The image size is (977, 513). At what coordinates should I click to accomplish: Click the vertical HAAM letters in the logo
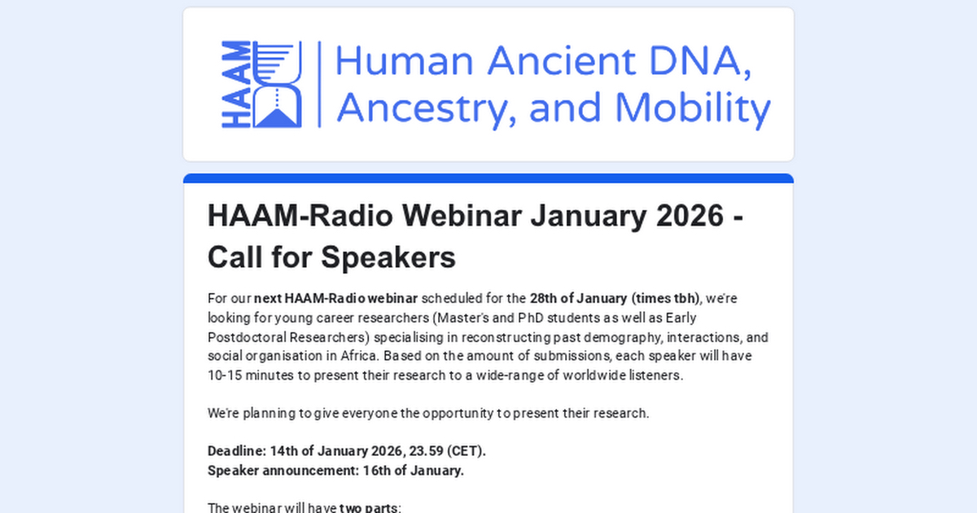(x=236, y=84)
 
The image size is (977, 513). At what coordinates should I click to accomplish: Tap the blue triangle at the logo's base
(x=278, y=118)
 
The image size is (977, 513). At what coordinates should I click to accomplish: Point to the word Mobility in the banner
(x=693, y=109)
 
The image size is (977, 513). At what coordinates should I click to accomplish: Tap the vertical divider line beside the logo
(x=319, y=84)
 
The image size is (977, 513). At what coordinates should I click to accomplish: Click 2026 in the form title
(x=690, y=216)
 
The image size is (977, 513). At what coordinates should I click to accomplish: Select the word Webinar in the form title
(x=462, y=216)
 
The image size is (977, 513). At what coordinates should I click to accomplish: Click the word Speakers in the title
(x=388, y=257)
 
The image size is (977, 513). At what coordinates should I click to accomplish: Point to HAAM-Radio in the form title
(x=300, y=216)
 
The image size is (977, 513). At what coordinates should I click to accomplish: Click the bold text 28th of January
(x=578, y=298)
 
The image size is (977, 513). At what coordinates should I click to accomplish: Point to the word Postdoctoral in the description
(x=247, y=337)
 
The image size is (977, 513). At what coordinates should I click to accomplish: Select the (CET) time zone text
(x=467, y=451)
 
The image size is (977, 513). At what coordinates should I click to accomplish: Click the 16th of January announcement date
(x=413, y=471)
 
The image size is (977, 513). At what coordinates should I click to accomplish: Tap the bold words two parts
(x=369, y=508)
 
